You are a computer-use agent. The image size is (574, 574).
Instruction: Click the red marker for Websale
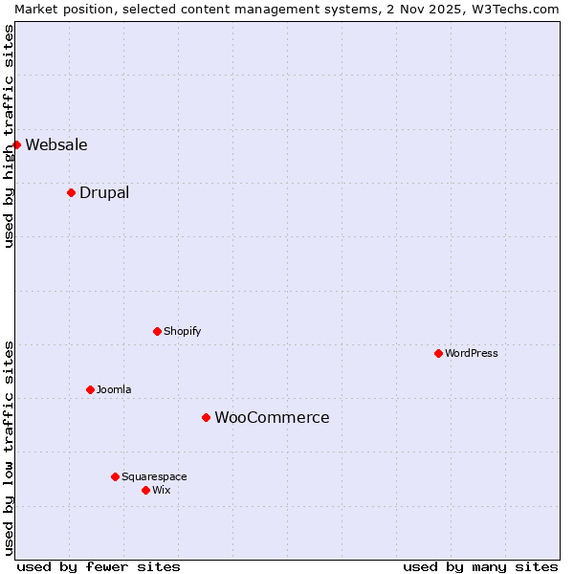pyautogui.click(x=16, y=144)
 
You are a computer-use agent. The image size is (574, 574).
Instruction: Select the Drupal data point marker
pyautogui.click(x=71, y=192)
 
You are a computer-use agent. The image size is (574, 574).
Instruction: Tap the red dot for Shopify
pyautogui.click(x=157, y=331)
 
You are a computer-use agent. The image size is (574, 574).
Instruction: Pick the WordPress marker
pyautogui.click(x=438, y=353)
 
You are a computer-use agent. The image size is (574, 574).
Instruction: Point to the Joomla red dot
pyautogui.click(x=90, y=389)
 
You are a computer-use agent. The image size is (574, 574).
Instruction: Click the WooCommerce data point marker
pyautogui.click(x=206, y=417)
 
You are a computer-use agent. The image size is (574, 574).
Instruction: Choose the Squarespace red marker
pyautogui.click(x=115, y=476)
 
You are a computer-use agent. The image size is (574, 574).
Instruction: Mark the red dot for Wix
pyautogui.click(x=145, y=490)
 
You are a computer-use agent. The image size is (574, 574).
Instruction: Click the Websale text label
pyautogui.click(x=56, y=145)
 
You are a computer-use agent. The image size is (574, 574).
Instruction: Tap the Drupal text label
pyautogui.click(x=104, y=193)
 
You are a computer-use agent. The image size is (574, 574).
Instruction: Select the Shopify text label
pyautogui.click(x=182, y=332)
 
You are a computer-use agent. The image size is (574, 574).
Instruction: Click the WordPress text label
pyautogui.click(x=472, y=354)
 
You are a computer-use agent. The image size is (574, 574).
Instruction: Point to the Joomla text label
pyautogui.click(x=114, y=390)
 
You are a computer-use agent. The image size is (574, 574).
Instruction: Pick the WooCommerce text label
pyautogui.click(x=272, y=418)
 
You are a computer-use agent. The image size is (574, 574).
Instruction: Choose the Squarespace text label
pyautogui.click(x=154, y=477)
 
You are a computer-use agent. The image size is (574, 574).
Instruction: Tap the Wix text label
pyautogui.click(x=162, y=491)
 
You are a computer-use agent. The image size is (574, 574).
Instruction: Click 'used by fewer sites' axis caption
pyautogui.click(x=99, y=566)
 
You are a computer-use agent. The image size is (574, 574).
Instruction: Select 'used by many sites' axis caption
pyautogui.click(x=480, y=566)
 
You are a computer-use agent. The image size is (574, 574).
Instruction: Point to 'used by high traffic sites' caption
pyautogui.click(x=9, y=136)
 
